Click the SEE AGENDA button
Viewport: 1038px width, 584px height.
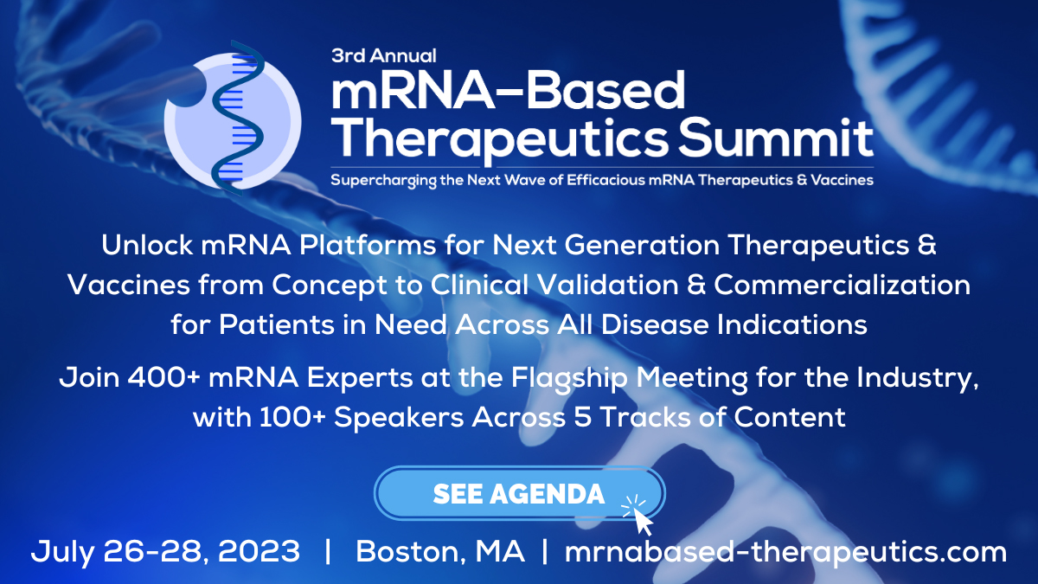[x=519, y=494]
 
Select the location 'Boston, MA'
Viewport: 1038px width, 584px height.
[x=440, y=551]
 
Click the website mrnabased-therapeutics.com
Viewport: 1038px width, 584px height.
[x=785, y=551]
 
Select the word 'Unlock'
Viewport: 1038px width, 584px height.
[x=147, y=246]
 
